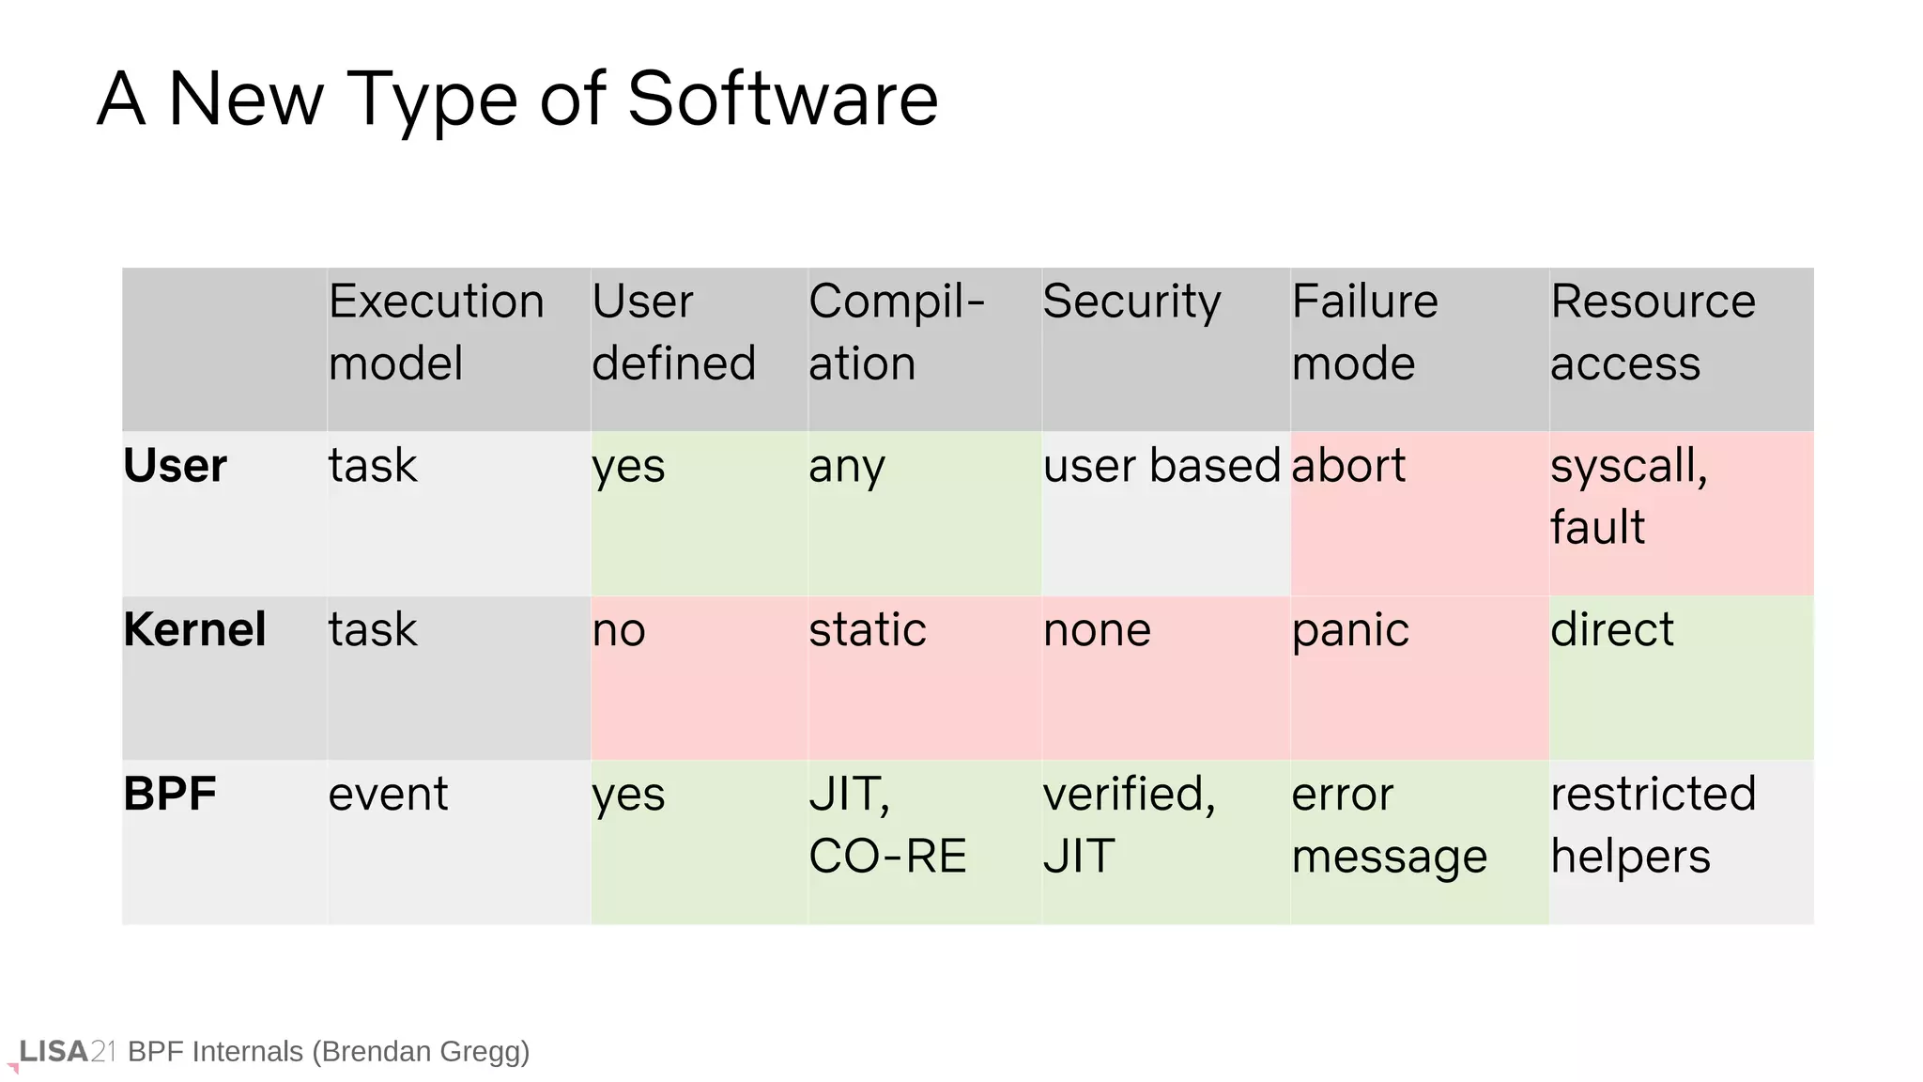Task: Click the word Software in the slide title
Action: pyautogui.click(x=782, y=99)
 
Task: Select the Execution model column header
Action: pyautogui.click(x=437, y=332)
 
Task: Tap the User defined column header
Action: pyautogui.click(x=673, y=332)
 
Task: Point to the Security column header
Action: pyautogui.click(x=1131, y=301)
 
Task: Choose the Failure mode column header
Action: pyautogui.click(x=1364, y=332)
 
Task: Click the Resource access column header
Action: pyautogui.click(x=1653, y=332)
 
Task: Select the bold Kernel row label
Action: pyautogui.click(x=194, y=629)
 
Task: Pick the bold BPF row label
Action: pyautogui.click(x=170, y=794)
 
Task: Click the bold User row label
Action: pyautogui.click(x=176, y=466)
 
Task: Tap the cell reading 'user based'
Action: pyautogui.click(x=1161, y=466)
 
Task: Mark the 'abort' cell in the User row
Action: pyautogui.click(x=1348, y=466)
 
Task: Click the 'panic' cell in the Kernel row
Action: pyautogui.click(x=1350, y=629)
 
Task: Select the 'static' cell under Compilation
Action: pyautogui.click(x=868, y=629)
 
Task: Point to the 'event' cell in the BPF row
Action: pyautogui.click(x=388, y=795)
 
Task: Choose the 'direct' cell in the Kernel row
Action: pyautogui.click(x=1611, y=629)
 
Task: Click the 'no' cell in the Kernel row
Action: pyautogui.click(x=619, y=630)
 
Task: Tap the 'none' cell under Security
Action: pyautogui.click(x=1097, y=629)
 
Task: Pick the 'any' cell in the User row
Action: pyautogui.click(x=846, y=467)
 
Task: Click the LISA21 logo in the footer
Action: pyautogui.click(x=66, y=1052)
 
